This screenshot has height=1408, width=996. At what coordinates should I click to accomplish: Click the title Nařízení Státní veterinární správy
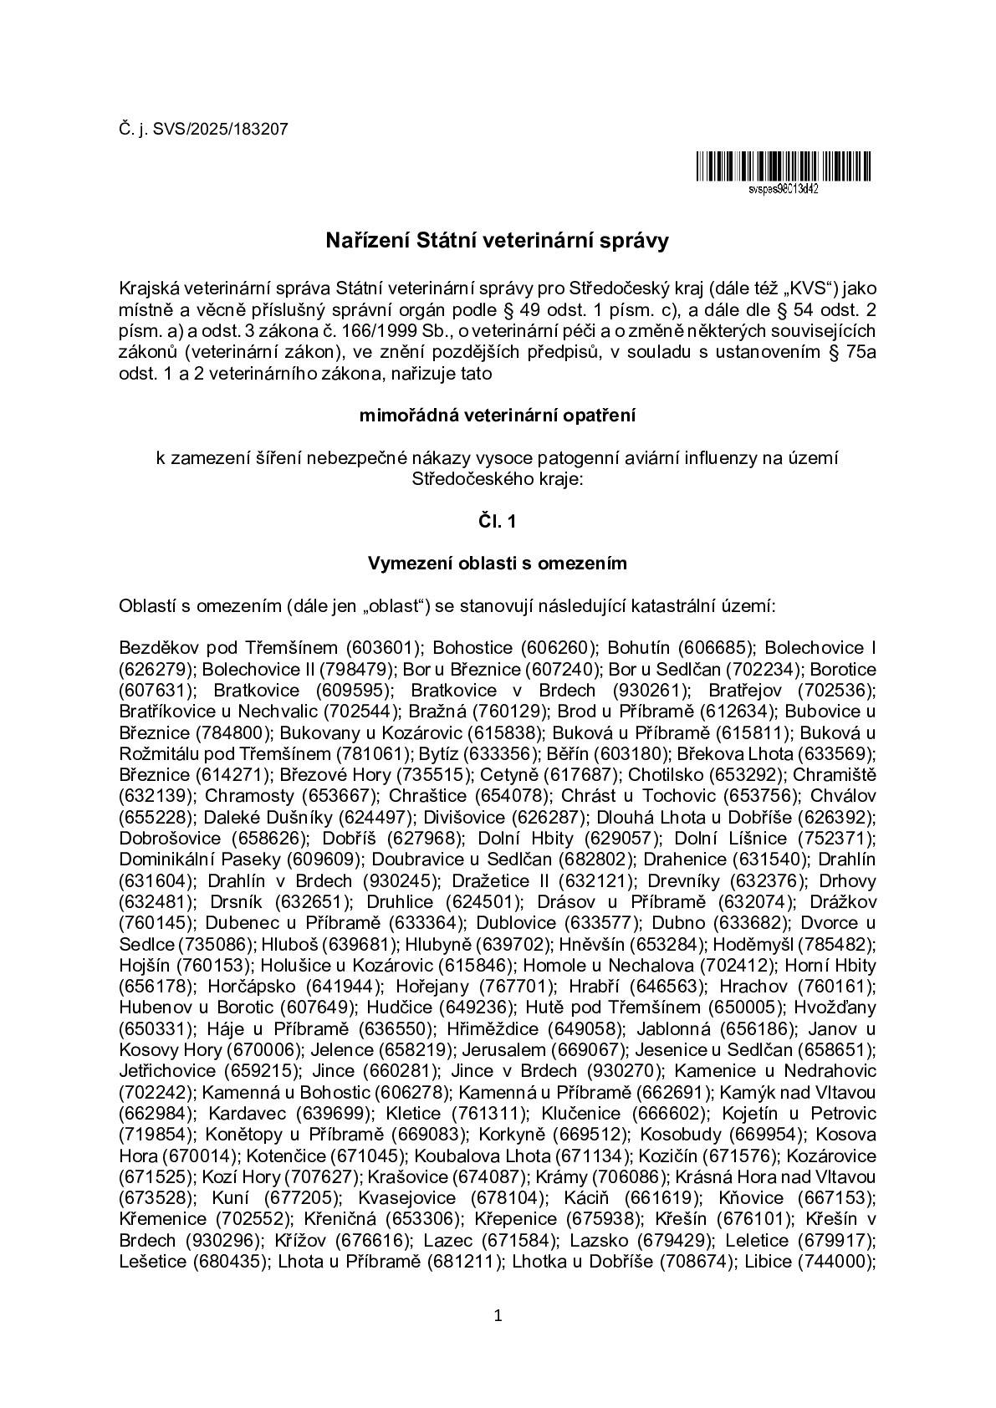[x=498, y=242]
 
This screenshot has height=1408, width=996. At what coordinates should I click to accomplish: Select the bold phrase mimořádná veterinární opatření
[x=498, y=416]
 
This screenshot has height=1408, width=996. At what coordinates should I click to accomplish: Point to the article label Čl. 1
[x=498, y=521]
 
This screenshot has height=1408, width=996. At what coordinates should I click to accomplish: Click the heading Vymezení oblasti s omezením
[x=498, y=564]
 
